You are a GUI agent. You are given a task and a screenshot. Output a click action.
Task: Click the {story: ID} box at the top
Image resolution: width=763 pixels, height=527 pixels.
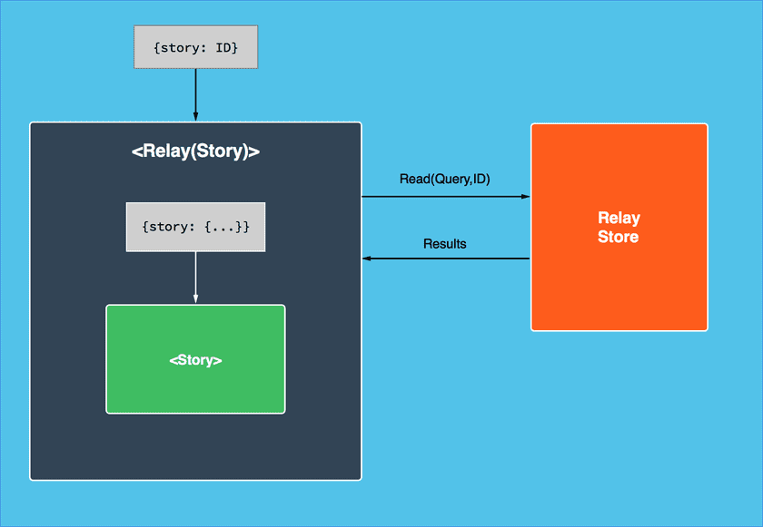pos(195,47)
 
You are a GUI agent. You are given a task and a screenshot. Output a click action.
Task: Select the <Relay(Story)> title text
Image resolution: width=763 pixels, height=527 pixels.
pos(195,151)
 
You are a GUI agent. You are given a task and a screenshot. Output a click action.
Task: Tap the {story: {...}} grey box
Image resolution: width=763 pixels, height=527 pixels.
pos(195,226)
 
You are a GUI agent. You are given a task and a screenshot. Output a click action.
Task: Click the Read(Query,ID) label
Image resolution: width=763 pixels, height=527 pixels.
pos(444,180)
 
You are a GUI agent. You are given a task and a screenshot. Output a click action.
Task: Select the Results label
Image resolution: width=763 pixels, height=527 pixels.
pos(444,244)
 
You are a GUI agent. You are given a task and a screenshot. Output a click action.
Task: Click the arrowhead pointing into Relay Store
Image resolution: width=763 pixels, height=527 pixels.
pos(525,196)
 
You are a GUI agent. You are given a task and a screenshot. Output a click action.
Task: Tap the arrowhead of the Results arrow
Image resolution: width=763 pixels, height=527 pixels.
pos(367,259)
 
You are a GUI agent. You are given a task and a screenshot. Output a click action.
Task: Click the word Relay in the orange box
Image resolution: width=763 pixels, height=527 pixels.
pos(619,218)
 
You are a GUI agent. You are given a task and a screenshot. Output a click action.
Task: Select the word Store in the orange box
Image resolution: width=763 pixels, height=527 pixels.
pos(619,238)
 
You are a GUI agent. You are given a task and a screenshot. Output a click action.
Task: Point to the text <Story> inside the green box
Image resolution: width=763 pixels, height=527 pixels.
pos(195,360)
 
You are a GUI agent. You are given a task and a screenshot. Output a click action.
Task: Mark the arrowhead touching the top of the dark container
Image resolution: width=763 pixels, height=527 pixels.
pos(195,117)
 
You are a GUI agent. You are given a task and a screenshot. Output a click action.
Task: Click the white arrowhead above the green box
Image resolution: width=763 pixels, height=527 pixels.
pos(195,299)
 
